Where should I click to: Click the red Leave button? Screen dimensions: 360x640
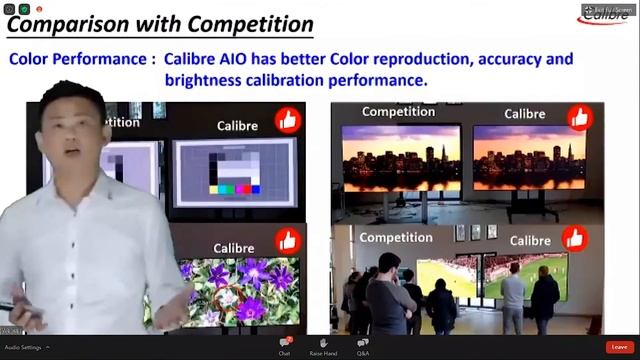click(620, 347)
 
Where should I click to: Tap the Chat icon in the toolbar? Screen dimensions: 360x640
click(285, 346)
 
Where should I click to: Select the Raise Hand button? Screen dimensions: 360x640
click(323, 346)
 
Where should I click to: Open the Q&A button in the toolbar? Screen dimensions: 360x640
click(363, 346)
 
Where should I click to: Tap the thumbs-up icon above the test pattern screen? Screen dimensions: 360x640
click(288, 121)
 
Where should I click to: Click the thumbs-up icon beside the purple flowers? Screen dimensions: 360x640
click(288, 241)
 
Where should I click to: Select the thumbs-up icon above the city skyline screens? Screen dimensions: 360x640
click(579, 117)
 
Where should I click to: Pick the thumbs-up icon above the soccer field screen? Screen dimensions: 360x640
click(574, 238)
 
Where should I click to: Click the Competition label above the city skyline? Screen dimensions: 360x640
click(398, 112)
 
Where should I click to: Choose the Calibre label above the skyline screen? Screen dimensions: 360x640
click(525, 114)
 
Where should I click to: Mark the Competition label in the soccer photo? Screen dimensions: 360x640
click(395, 237)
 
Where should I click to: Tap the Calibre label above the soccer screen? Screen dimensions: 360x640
click(530, 240)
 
